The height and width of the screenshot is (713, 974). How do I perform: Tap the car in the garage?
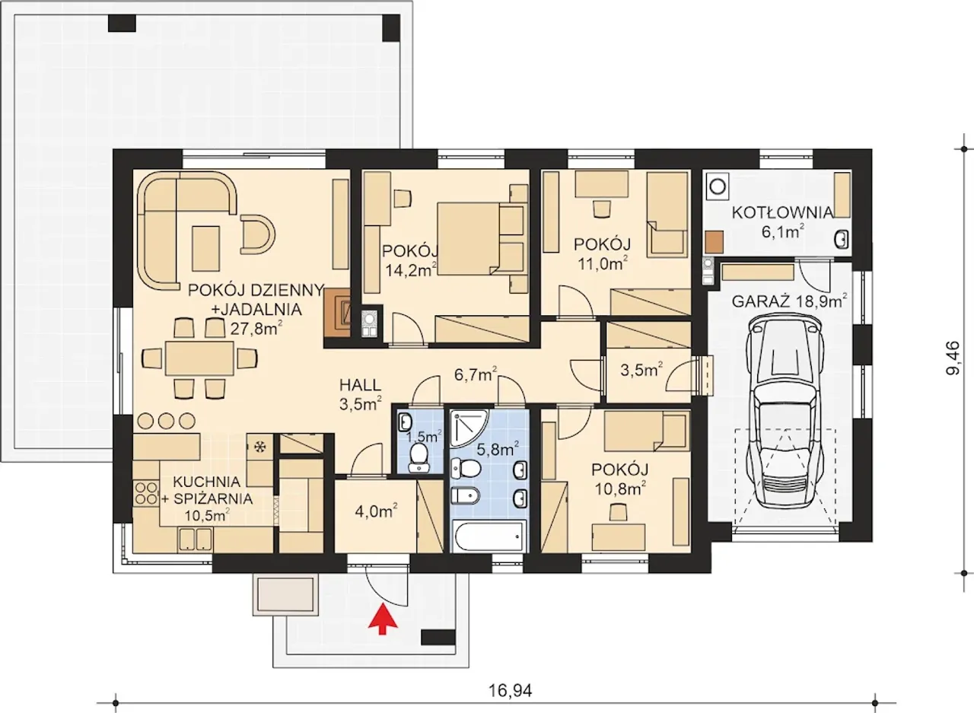[785, 412]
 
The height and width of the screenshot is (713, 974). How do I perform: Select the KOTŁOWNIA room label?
[782, 212]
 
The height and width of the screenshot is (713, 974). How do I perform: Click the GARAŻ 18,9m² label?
[790, 301]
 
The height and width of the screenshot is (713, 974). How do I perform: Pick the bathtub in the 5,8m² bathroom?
[489, 536]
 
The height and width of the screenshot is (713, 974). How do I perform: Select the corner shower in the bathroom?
[469, 428]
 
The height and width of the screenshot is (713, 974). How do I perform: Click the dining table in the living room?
[199, 358]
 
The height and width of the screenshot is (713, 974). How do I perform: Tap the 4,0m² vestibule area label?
[376, 511]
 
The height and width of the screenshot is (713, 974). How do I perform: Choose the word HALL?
[360, 385]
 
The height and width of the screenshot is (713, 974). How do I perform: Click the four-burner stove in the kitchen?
[146, 493]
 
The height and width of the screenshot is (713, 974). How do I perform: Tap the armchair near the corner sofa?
[257, 234]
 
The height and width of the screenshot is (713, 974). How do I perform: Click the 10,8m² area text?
[619, 489]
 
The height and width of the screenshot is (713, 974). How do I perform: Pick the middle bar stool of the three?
[166, 420]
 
